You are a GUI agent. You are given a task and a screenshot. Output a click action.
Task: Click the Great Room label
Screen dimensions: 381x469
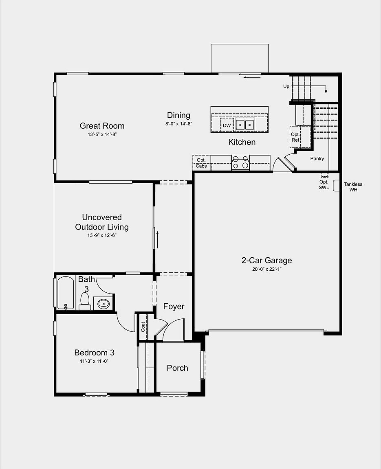102,126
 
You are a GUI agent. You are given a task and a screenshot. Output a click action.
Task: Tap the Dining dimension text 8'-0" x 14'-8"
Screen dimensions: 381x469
178,123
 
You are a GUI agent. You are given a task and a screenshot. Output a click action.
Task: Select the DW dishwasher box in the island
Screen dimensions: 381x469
227,125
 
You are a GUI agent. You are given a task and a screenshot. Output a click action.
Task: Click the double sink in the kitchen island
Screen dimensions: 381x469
245,125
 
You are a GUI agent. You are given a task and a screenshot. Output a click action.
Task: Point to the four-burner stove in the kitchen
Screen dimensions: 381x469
241,162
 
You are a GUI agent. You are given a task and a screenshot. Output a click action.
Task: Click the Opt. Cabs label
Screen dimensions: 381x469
201,163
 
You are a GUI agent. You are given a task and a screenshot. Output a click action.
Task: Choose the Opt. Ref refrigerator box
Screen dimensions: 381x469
295,137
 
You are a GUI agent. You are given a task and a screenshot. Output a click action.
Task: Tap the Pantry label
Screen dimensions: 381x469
317,158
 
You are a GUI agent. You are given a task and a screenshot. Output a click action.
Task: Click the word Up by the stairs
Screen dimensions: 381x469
286,86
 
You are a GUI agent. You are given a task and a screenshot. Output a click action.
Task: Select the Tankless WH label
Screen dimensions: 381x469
353,187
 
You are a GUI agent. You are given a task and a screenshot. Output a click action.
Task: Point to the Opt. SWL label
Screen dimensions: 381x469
324,184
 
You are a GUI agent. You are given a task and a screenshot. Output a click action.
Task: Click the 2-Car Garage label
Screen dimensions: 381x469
266,260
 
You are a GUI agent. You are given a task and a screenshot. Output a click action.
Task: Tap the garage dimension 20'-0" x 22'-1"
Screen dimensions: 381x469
266,269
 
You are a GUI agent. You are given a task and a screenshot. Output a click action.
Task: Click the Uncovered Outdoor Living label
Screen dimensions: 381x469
102,222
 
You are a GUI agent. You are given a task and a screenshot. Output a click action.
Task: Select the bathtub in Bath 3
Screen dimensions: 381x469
66,293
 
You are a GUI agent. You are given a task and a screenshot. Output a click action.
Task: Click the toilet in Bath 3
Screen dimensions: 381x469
85,301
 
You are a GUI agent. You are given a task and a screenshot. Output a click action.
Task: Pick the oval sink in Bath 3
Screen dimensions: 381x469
104,304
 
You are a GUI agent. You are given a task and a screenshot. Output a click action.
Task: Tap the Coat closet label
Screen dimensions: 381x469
143,327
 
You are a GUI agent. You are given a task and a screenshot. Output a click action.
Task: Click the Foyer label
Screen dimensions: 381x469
174,306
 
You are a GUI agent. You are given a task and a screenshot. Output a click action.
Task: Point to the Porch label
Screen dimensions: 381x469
178,368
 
